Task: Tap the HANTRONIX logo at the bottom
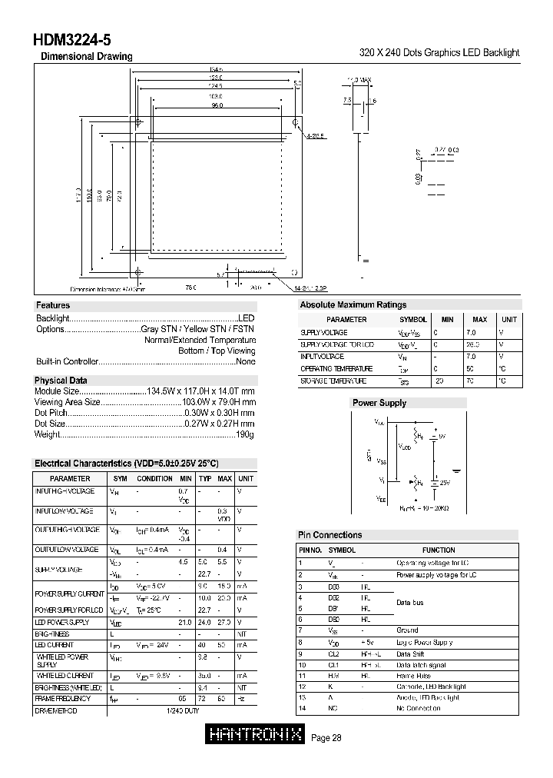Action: tap(257, 736)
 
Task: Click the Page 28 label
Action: tap(327, 738)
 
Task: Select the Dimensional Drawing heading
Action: tap(86, 56)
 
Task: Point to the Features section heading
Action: tap(53, 305)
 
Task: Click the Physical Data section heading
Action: tap(61, 381)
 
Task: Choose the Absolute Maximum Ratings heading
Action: tap(353, 305)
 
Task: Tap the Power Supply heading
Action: tap(379, 403)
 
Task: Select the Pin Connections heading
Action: tap(329, 535)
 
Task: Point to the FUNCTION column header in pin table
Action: tap(439, 550)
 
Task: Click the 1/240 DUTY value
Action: tap(181, 711)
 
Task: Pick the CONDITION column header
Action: tap(154, 479)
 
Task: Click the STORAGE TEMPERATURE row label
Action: tap(334, 381)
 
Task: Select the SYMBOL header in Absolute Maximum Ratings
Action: tap(413, 319)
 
